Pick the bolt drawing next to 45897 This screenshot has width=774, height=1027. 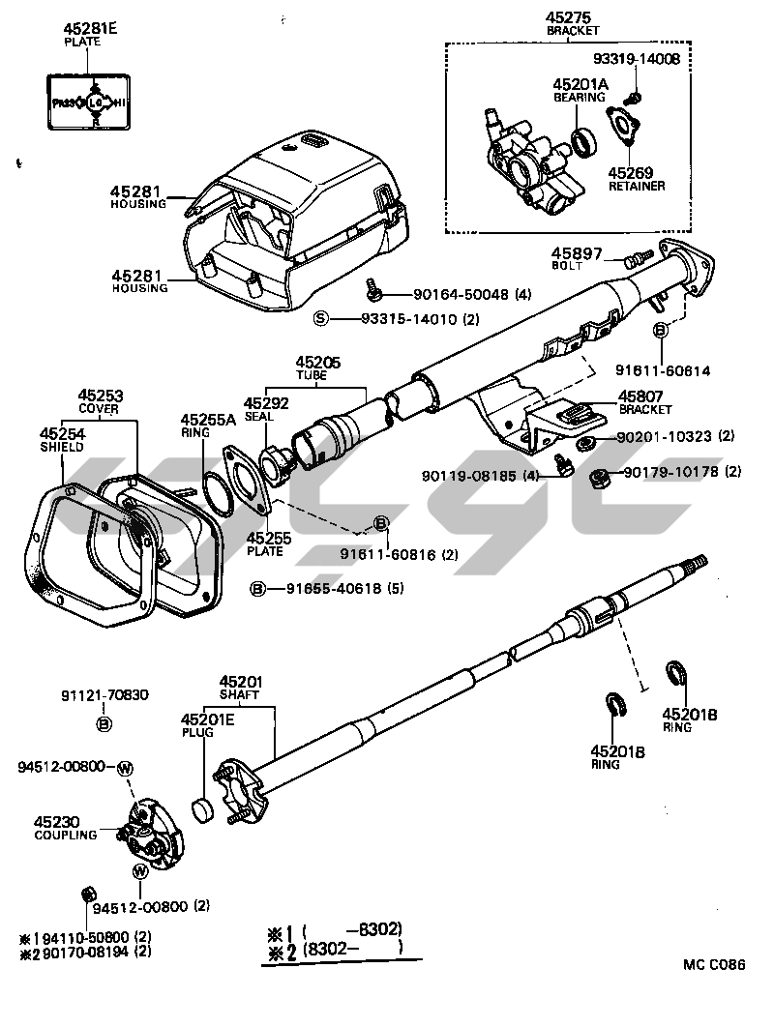[x=636, y=259]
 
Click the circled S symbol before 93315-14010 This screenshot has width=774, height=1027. [x=321, y=317]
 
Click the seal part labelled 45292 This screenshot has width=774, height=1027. [x=279, y=461]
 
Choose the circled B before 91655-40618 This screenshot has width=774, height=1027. [x=258, y=588]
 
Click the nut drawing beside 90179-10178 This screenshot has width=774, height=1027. [x=600, y=474]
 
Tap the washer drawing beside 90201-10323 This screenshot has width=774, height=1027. [x=587, y=443]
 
